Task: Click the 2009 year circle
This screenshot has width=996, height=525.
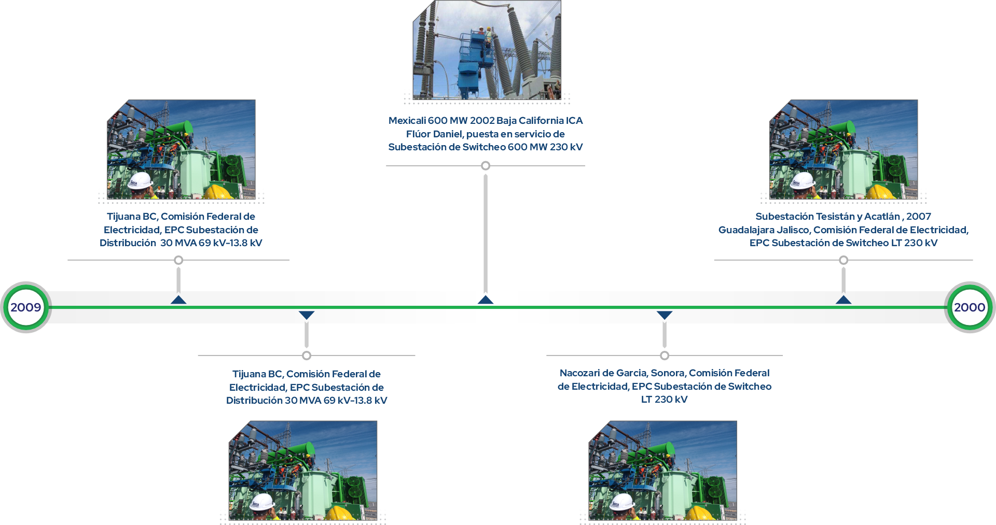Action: tap(25, 307)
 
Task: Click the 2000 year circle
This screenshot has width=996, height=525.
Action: tap(969, 307)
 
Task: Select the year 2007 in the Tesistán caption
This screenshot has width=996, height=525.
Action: tap(918, 217)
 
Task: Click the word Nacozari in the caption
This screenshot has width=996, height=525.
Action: tap(577, 373)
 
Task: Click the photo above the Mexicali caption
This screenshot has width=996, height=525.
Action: tap(487, 50)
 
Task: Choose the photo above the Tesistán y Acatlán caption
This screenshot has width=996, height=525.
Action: tap(843, 149)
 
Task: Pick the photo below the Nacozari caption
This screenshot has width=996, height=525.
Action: tap(662, 470)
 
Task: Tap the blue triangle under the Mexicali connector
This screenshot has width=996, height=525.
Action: tap(485, 300)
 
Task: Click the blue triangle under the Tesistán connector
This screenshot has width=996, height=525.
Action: tap(843, 300)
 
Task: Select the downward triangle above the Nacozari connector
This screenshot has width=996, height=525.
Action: tap(664, 315)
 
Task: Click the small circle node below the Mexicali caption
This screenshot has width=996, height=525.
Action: tap(485, 166)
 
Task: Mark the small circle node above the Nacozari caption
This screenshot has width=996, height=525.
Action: tap(664, 356)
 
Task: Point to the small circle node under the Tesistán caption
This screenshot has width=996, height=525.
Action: tap(843, 260)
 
